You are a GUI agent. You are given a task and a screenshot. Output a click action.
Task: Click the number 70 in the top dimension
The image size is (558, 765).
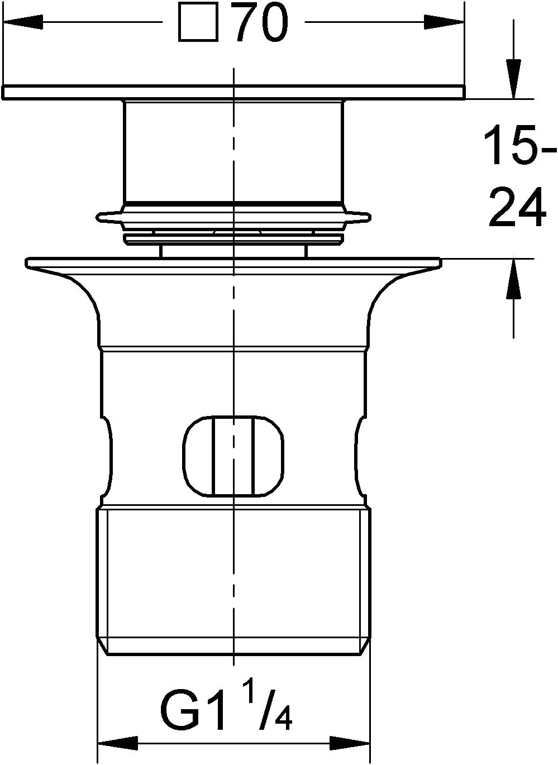[x=263, y=22]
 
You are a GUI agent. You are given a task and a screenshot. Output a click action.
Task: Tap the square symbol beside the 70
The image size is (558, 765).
[x=198, y=22]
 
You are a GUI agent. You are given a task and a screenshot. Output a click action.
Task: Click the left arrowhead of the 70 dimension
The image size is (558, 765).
[x=23, y=22]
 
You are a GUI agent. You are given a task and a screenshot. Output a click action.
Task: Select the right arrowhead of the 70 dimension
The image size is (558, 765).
[x=445, y=22]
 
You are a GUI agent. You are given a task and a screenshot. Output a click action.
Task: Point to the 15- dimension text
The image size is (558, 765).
[x=520, y=145]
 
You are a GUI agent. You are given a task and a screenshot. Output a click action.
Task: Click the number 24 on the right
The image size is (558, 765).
[x=517, y=207]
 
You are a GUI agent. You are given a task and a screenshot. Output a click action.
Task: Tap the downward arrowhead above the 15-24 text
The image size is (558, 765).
[x=513, y=79]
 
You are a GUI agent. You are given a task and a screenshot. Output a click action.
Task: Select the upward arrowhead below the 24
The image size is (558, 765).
[x=513, y=279]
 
